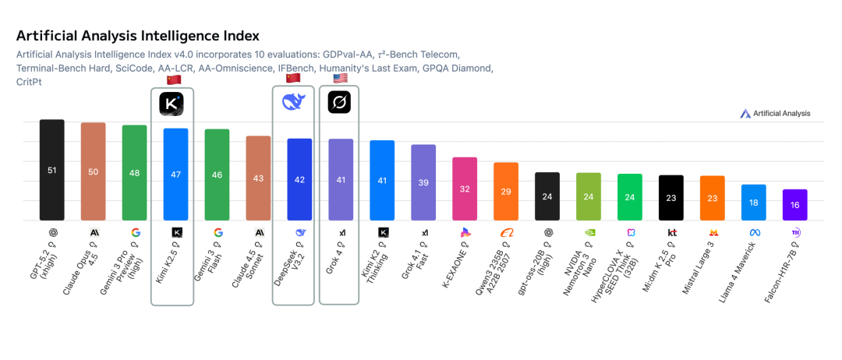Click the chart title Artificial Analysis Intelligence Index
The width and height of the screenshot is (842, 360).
tap(137, 37)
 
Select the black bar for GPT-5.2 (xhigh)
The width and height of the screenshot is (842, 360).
tap(52, 170)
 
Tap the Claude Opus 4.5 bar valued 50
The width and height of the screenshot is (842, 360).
tap(94, 171)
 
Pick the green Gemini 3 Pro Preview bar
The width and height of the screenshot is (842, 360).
tap(134, 172)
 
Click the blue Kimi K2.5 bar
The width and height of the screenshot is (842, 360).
tap(175, 174)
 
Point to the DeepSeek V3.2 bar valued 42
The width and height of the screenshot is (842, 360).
tap(300, 179)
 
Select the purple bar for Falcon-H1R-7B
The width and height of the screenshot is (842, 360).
tap(795, 205)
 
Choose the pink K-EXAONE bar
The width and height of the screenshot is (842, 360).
tap(465, 189)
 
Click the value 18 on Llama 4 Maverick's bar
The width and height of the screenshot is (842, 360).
tap(754, 203)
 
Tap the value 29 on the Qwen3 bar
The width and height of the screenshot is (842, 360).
tap(506, 192)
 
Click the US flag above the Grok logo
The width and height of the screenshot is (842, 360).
tap(341, 79)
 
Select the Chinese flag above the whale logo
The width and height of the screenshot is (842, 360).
tap(293, 78)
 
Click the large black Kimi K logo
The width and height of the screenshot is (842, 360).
tap(172, 104)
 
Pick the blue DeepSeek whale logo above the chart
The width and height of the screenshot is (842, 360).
tap(294, 102)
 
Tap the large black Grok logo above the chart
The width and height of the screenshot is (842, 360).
tap(340, 102)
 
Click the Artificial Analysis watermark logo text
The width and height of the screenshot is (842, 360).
tap(781, 114)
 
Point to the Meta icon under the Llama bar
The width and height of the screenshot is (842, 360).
tap(754, 232)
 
